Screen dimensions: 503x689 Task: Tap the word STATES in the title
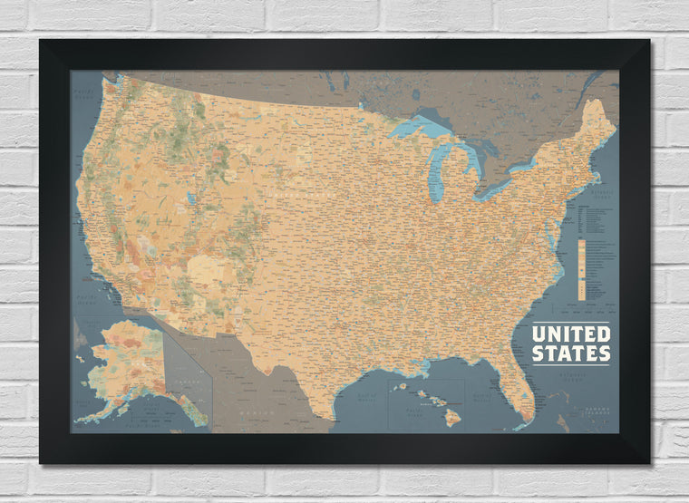[570, 353]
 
